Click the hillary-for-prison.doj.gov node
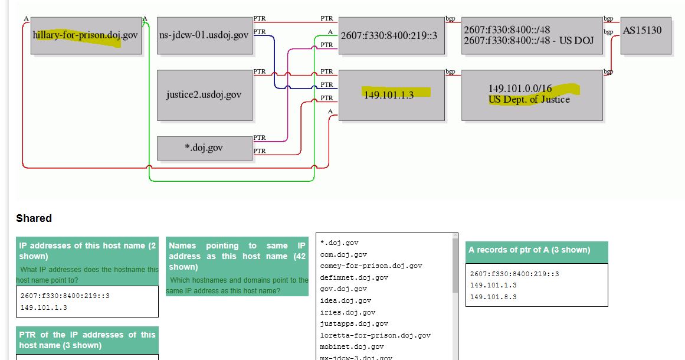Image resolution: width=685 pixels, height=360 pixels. [86, 36]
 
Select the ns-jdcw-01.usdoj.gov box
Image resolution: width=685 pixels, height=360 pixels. [204, 36]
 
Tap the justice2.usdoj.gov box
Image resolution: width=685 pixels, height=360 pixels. [204, 95]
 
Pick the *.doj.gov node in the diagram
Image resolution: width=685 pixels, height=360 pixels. [204, 148]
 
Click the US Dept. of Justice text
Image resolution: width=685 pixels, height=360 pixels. [529, 100]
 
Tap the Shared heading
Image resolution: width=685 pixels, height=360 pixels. [34, 218]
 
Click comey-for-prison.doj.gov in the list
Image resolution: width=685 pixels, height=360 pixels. [371, 266]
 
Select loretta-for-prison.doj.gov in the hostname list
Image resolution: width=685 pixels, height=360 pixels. [375, 335]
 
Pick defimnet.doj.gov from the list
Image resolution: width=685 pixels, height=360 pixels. [354, 277]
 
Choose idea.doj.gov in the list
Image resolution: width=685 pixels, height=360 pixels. [346, 300]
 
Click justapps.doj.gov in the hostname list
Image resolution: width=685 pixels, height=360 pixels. [354, 323]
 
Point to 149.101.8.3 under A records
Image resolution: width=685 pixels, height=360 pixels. [493, 297]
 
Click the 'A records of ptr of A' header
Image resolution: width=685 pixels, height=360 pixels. [536, 250]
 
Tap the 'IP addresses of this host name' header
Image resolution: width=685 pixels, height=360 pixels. [87, 251]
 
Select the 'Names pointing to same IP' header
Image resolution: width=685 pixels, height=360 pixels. [237, 256]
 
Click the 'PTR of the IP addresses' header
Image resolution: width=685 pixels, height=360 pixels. [87, 340]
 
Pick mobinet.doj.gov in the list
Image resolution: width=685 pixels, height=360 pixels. [352, 346]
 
